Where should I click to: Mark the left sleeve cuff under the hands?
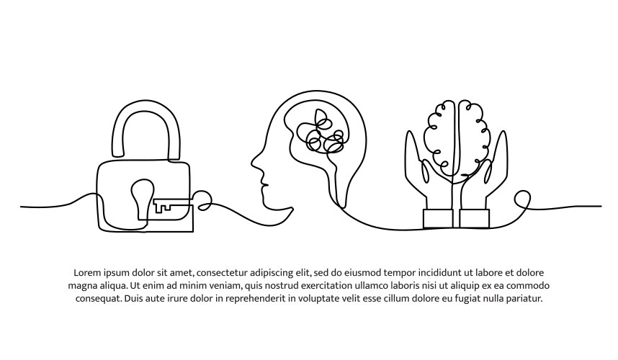(438, 219)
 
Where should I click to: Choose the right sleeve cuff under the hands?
(475, 219)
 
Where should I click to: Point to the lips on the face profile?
(265, 184)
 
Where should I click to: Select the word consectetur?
(222, 273)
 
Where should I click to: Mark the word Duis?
(133, 298)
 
